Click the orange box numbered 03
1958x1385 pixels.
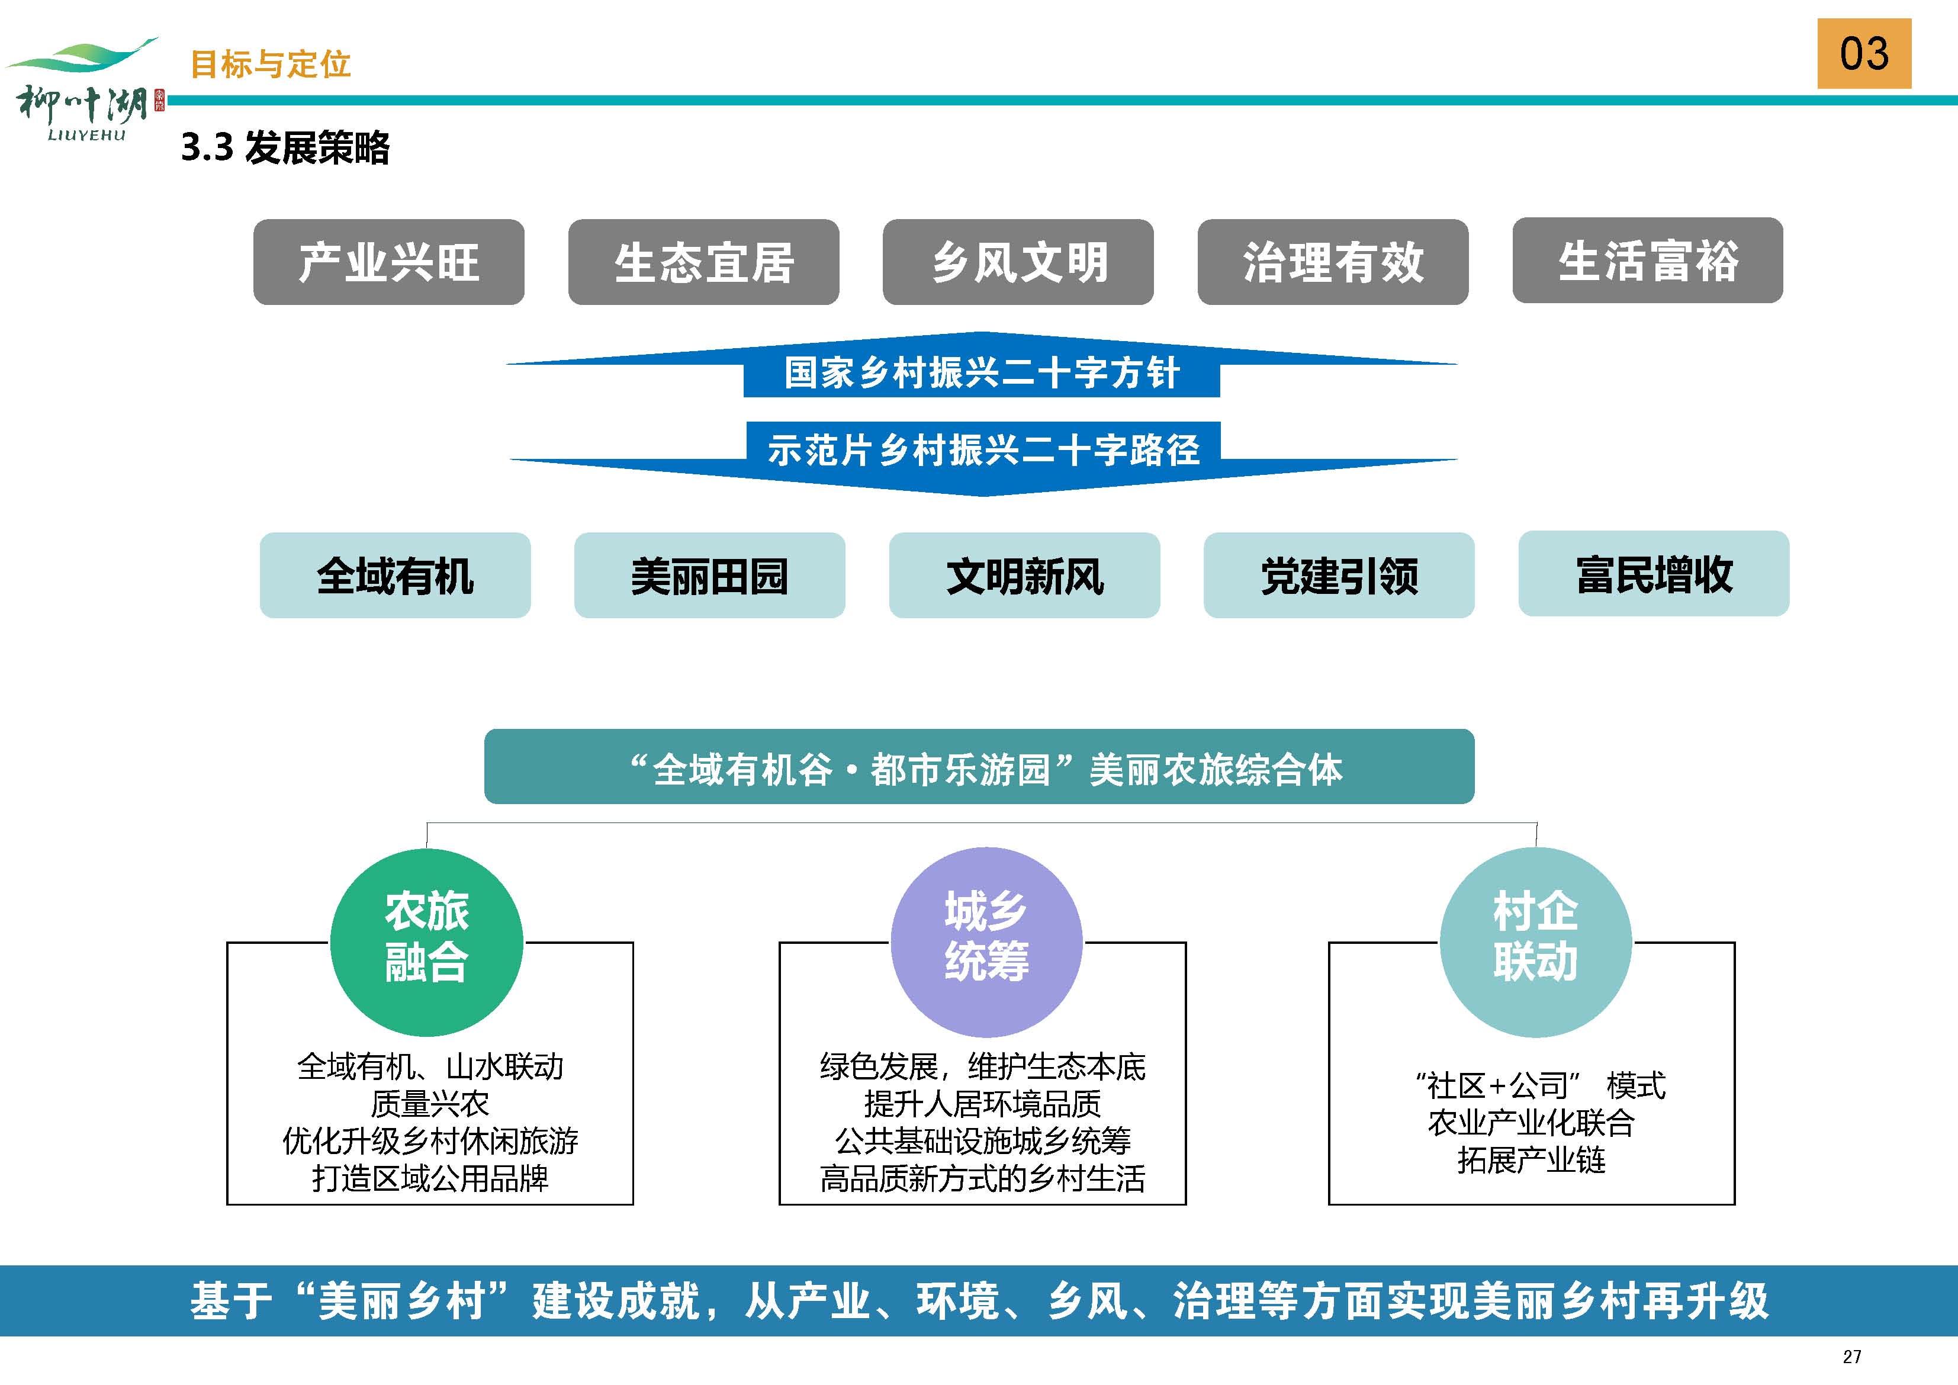(x=1864, y=53)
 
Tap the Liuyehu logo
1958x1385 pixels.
(x=83, y=89)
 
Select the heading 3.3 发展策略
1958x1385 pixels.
(x=286, y=147)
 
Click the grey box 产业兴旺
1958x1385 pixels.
(x=389, y=262)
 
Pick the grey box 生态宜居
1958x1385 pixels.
(x=703, y=262)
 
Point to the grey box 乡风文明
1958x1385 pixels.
(x=1018, y=262)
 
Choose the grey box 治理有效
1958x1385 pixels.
(x=1333, y=262)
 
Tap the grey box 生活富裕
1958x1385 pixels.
(x=1648, y=260)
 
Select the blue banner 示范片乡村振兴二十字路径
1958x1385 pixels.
(x=983, y=458)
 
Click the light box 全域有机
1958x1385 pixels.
(x=395, y=576)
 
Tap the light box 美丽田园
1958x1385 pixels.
(x=709, y=576)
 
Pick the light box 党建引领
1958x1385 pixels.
(x=1339, y=576)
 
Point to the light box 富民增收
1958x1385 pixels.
(x=1654, y=574)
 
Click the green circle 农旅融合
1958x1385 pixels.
(x=426, y=942)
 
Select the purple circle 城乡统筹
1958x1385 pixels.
(x=986, y=942)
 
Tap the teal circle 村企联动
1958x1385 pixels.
(x=1536, y=942)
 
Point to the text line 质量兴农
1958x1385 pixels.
(x=430, y=1104)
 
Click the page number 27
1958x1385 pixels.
(x=1851, y=1357)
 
